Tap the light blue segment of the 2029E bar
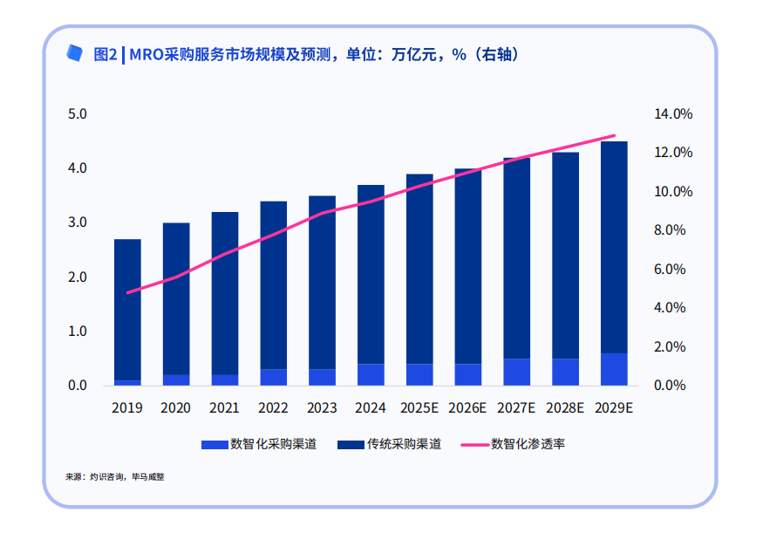coord(614,369)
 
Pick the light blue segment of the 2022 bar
coord(273,377)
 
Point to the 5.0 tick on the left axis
coord(78,114)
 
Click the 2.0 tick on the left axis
coord(78,277)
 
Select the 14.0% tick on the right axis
coord(672,114)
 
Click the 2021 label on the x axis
coord(225,407)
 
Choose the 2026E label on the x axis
coord(468,407)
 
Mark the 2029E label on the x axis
coord(614,407)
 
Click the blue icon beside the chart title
coord(75,53)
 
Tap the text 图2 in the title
coord(105,54)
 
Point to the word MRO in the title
coord(146,54)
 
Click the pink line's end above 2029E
coord(615,136)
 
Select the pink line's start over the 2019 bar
coord(128,292)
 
